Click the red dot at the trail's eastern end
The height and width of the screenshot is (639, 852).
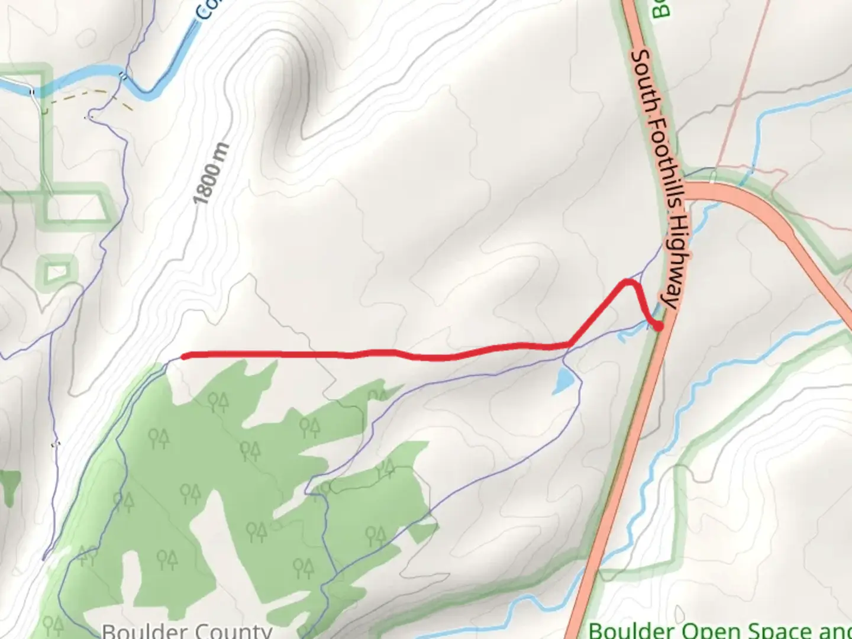tap(657, 325)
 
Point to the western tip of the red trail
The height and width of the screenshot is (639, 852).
tap(185, 356)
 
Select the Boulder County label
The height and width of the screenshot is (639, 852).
tap(187, 631)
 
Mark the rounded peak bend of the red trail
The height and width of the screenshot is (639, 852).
tap(630, 282)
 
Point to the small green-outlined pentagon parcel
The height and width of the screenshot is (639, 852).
tap(57, 272)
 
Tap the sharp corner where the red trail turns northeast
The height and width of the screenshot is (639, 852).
tap(570, 343)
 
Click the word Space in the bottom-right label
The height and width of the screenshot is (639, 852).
tap(769, 631)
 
